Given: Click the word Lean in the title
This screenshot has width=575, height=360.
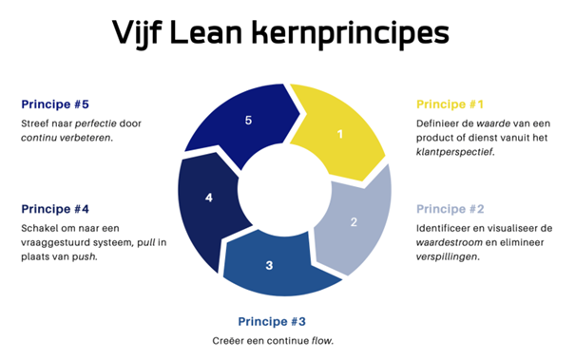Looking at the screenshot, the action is (x=228, y=35).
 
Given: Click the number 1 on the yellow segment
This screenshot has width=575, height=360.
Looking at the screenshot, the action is (x=340, y=135).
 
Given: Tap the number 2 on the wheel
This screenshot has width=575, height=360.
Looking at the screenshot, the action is (x=354, y=222).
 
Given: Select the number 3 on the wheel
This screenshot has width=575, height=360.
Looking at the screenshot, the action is (x=269, y=264).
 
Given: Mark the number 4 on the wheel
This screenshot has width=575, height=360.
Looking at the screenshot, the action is (x=209, y=199).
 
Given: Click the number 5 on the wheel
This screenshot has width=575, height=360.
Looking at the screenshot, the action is (x=248, y=121).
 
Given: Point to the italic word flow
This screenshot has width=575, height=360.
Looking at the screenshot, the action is (x=321, y=340).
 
